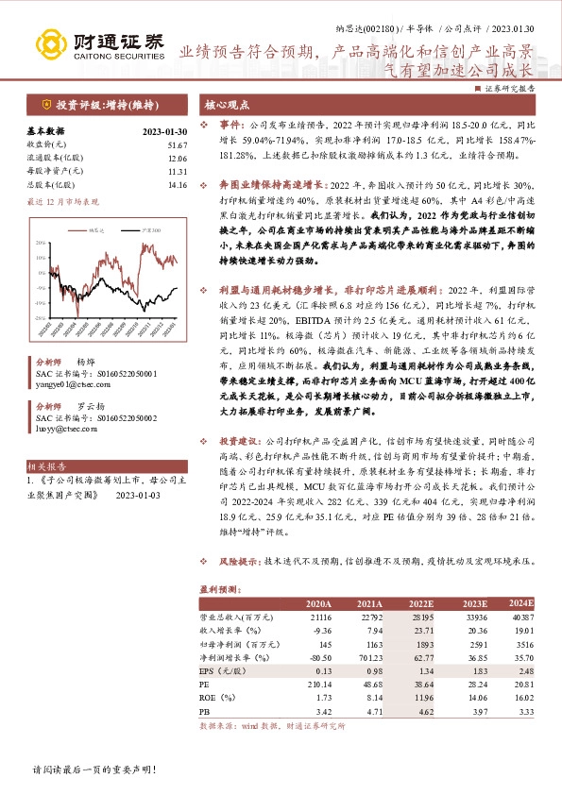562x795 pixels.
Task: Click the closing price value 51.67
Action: coord(177,144)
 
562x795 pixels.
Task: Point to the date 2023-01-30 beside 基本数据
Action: coord(165,131)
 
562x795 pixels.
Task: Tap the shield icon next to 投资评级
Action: coord(43,104)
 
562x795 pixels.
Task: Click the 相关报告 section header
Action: coord(46,466)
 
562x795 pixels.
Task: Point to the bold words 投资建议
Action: coord(241,440)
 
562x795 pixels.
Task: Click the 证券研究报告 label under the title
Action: coord(511,87)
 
